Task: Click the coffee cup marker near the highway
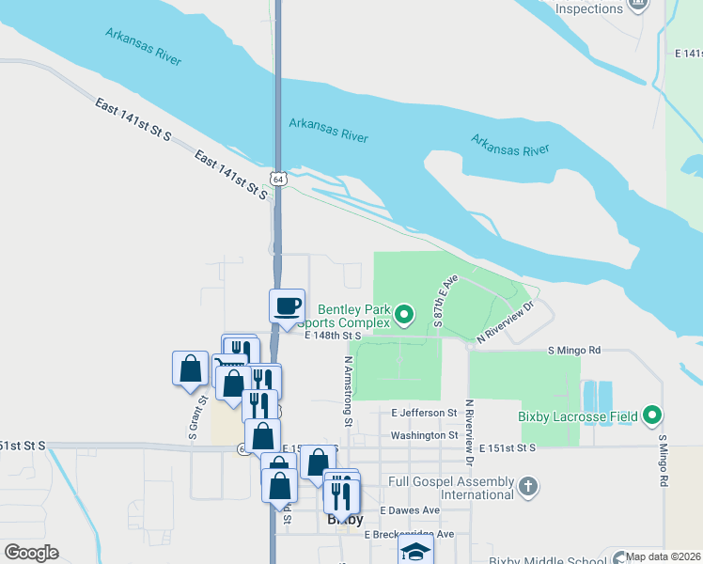tap(288, 305)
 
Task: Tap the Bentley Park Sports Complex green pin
tap(404, 314)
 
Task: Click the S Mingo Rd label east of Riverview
tap(574, 351)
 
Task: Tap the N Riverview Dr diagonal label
tap(506, 321)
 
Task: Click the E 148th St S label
tap(334, 335)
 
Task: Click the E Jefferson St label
tap(423, 413)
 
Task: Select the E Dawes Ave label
tap(410, 510)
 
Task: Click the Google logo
tap(31, 553)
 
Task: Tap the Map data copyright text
tap(663, 556)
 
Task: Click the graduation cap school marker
tap(414, 552)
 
